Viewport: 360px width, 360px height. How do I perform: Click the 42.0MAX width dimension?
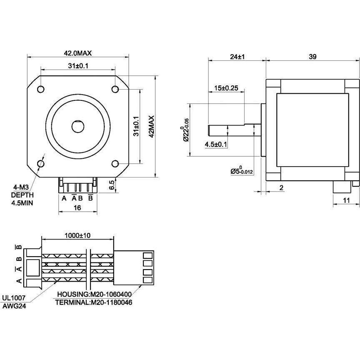click(x=77, y=53)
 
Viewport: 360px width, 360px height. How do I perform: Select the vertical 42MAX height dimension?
click(x=151, y=126)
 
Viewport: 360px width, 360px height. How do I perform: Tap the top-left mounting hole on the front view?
click(x=41, y=89)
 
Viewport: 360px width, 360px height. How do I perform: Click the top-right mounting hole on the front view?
click(x=115, y=89)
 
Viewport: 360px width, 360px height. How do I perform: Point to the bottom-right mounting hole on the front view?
click(x=115, y=164)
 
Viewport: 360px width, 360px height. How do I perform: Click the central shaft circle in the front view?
click(x=78, y=126)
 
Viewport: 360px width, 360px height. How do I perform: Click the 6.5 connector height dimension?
click(x=112, y=184)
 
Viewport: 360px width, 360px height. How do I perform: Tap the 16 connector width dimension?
click(x=77, y=207)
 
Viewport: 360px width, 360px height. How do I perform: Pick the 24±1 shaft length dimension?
click(x=237, y=57)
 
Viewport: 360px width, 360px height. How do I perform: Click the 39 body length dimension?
click(x=312, y=57)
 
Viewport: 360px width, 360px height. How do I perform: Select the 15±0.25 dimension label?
click(x=226, y=88)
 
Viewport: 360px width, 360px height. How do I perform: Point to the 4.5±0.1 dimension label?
click(x=216, y=145)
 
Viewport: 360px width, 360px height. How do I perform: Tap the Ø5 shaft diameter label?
click(x=242, y=170)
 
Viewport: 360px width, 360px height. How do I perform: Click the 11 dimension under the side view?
click(x=345, y=200)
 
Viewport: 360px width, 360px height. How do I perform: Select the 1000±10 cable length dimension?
click(x=77, y=235)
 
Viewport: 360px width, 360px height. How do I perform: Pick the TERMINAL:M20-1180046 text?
click(x=94, y=302)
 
